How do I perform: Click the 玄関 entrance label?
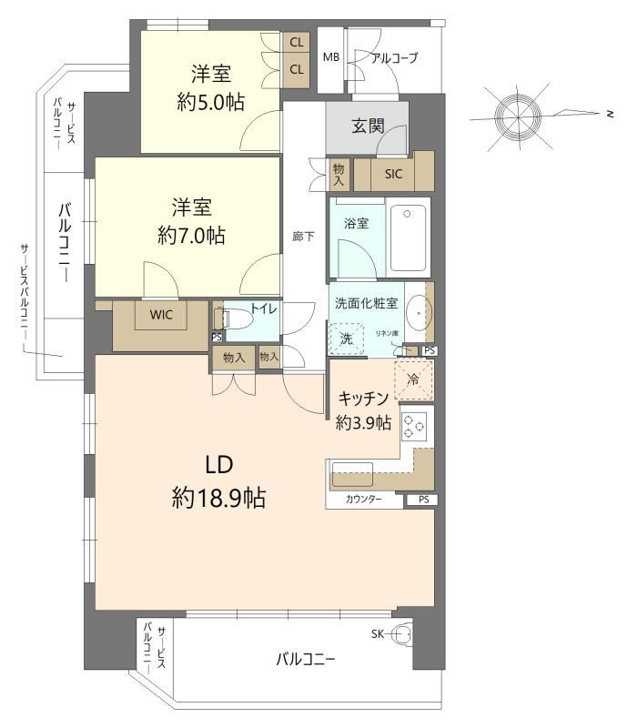click(x=368, y=126)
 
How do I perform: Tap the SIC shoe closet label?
click(x=393, y=174)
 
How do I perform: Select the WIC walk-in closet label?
click(x=161, y=315)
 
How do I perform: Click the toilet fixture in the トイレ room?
click(x=232, y=319)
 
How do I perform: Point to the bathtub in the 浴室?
click(x=408, y=238)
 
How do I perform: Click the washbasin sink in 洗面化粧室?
click(x=419, y=312)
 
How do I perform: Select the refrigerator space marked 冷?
click(x=413, y=379)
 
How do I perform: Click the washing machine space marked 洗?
click(x=347, y=339)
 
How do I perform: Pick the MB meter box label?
click(x=331, y=57)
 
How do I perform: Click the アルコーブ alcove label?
click(x=394, y=58)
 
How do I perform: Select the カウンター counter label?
click(x=363, y=499)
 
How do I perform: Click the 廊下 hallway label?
click(x=303, y=237)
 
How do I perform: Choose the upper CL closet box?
click(x=297, y=43)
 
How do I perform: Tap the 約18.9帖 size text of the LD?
click(x=218, y=498)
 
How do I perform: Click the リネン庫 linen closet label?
click(x=387, y=333)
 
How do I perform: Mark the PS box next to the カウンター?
click(x=423, y=500)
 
